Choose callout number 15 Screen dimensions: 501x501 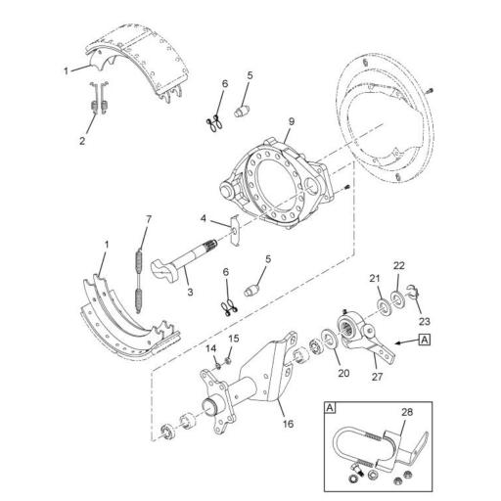click(233, 339)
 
